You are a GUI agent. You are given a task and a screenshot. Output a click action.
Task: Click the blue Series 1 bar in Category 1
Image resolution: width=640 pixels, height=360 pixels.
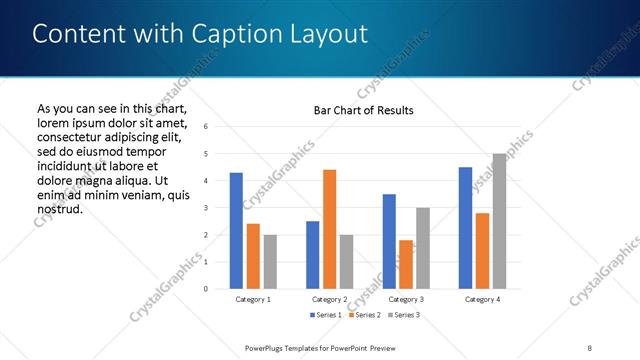236,231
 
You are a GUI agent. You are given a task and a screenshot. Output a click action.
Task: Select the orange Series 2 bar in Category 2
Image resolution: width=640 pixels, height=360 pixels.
330,229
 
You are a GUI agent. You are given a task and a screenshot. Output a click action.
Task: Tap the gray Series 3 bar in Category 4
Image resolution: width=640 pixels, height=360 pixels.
499,221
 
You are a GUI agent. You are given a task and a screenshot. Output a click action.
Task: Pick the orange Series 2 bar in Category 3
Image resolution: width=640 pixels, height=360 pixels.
406,264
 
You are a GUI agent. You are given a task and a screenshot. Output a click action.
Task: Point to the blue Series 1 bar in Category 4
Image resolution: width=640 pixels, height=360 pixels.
465,228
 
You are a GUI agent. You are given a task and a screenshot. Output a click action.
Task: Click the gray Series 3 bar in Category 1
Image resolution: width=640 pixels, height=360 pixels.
270,262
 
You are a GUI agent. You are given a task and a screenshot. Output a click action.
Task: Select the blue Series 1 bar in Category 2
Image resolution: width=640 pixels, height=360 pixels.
312,255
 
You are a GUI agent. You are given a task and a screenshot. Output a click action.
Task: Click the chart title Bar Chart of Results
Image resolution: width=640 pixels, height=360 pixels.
357,110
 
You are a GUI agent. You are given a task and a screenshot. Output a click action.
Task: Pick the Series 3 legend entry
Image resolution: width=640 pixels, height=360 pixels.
401,315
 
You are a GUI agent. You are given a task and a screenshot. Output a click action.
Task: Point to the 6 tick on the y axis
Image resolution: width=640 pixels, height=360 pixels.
205,127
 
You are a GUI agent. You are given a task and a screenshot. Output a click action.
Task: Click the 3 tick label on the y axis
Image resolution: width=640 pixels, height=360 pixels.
205,208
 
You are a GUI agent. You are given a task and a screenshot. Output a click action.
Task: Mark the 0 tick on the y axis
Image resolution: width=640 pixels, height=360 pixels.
205,289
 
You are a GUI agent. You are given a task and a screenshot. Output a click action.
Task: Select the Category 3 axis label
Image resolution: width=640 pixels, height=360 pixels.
406,299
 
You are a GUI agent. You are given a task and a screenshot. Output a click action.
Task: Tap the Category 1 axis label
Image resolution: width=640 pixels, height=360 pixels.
253,299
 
